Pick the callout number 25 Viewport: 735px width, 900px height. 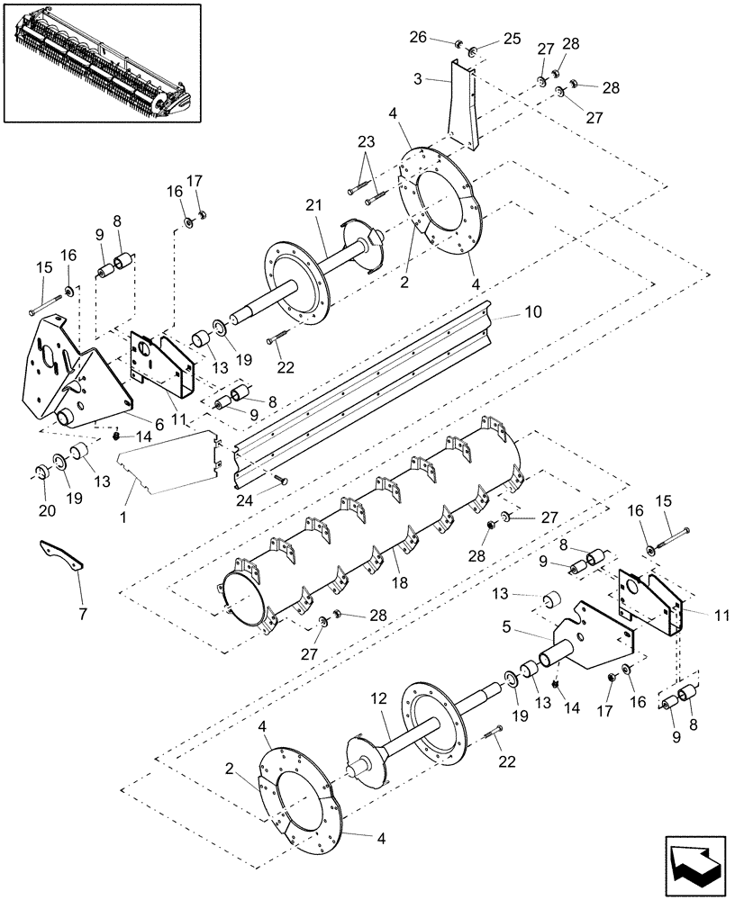pyautogui.click(x=512, y=39)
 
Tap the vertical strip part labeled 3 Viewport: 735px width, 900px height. pyautogui.click(x=463, y=103)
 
